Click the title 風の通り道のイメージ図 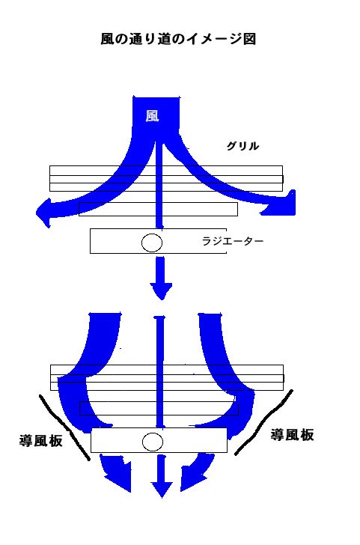178,39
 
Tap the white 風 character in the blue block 152,116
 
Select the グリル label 242,146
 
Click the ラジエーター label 233,240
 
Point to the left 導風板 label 41,441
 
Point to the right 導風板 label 292,435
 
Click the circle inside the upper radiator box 152,243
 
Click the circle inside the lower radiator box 153,442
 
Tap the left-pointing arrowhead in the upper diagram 43,213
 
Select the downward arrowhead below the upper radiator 161,291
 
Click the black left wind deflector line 64,427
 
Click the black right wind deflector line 263,422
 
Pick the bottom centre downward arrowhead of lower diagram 162,490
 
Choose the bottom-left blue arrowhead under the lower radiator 118,476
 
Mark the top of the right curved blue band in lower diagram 210,316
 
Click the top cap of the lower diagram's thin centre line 159,317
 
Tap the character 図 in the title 249,39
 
